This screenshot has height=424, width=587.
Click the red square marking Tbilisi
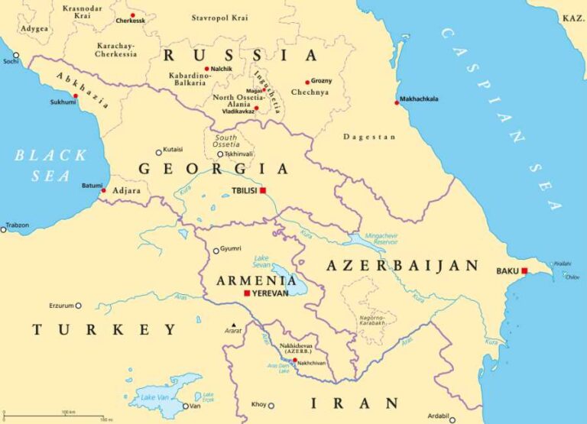[x=263, y=190]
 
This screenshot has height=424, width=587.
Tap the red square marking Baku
[x=524, y=270]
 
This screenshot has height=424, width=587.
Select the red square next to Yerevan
[x=246, y=293]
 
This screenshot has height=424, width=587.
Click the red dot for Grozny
[x=307, y=82]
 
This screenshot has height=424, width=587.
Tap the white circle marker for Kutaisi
[x=159, y=152]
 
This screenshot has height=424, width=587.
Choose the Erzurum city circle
[x=78, y=306]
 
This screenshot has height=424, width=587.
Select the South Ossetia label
[x=225, y=141]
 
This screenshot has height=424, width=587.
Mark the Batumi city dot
[x=104, y=190]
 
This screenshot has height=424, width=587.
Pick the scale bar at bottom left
[x=54, y=415]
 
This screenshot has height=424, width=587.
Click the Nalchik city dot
[x=206, y=69]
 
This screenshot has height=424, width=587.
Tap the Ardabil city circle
[x=452, y=419]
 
